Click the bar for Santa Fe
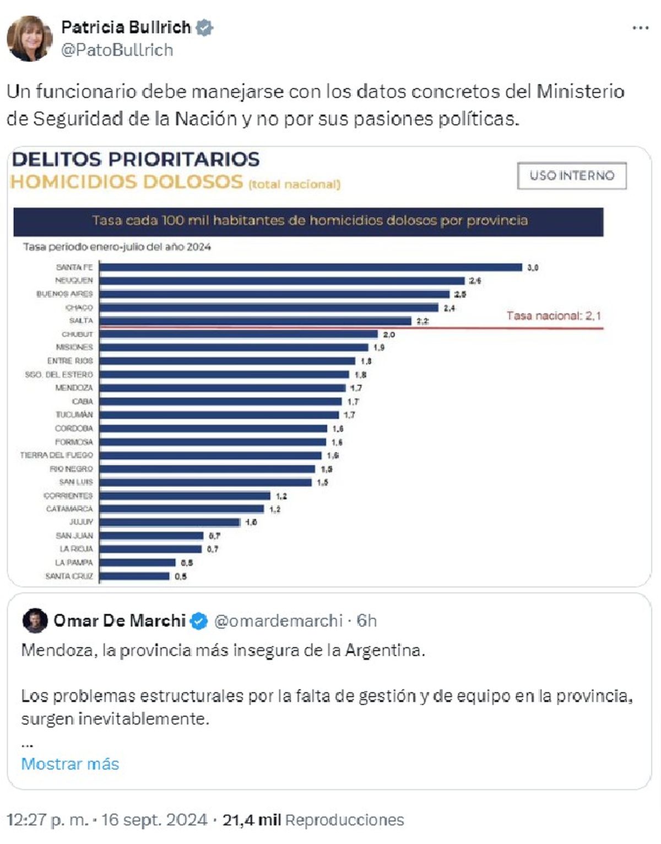point(310,267)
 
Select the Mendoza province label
point(74,388)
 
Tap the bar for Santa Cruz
point(134,576)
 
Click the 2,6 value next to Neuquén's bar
point(475,281)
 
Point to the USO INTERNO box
point(572,176)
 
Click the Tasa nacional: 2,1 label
point(554,316)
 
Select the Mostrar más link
point(70,764)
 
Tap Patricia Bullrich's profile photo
point(29,38)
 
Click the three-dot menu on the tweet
point(640,28)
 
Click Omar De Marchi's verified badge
point(199,621)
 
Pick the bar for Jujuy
point(170,522)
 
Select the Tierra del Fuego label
point(57,455)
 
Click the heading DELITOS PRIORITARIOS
point(136,159)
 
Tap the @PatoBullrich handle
point(117,50)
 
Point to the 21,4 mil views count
point(251,820)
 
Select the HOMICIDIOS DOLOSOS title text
point(127,182)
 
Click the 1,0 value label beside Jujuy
point(251,522)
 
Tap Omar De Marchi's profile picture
point(35,621)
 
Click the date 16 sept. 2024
point(154,820)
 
